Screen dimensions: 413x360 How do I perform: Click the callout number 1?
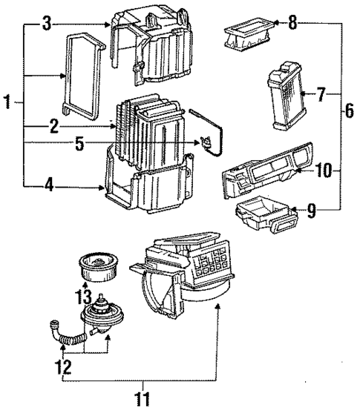[x=7, y=102]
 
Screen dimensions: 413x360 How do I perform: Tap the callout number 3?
[x=46, y=25]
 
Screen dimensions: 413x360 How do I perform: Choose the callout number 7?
[x=320, y=95]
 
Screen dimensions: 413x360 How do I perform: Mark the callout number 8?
[x=292, y=24]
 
